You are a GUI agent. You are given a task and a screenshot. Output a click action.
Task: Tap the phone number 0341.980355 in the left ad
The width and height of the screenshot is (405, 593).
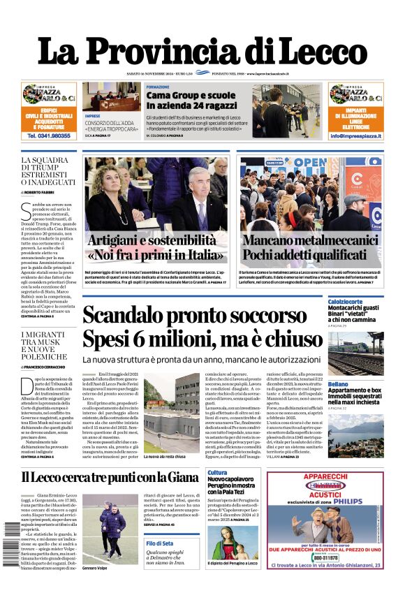tap(50, 136)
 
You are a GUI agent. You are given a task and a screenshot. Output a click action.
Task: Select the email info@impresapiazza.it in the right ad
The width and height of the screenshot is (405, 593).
tap(356, 136)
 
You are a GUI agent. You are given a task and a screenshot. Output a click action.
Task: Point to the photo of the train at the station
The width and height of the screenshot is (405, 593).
tap(355, 353)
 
